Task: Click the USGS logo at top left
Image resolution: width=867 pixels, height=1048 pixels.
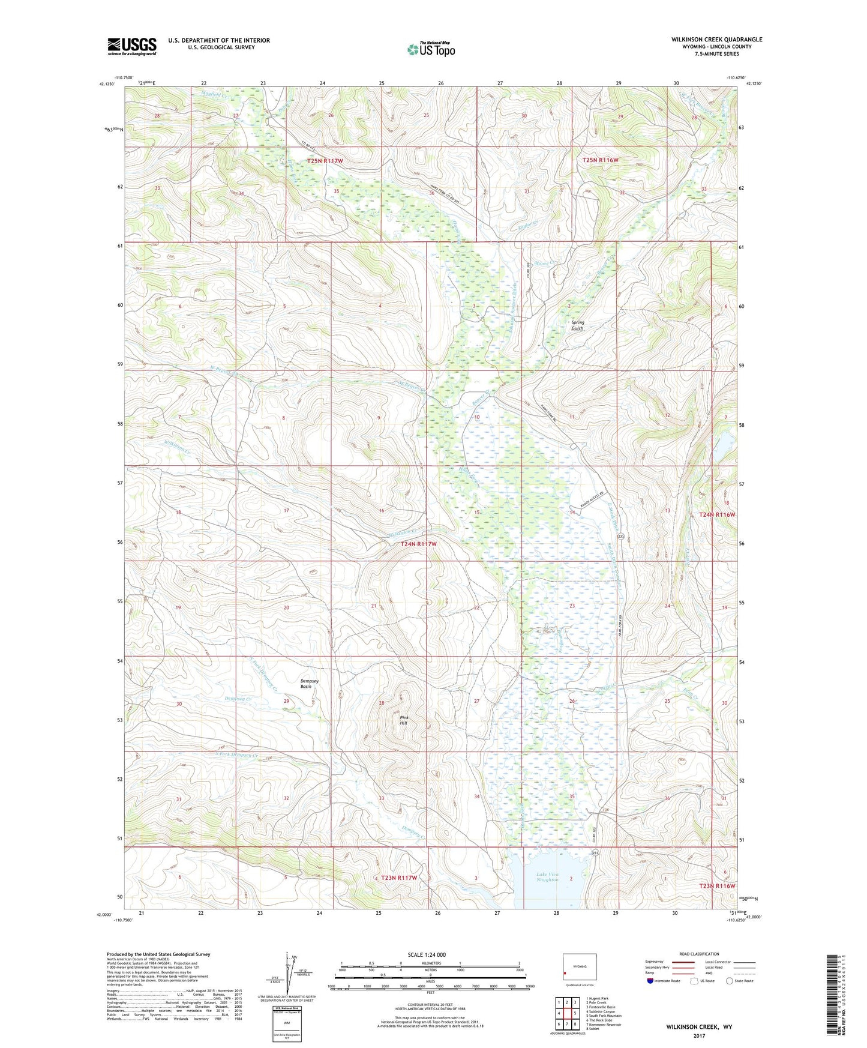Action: [x=132, y=46]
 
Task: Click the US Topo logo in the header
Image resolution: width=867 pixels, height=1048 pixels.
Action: [x=431, y=49]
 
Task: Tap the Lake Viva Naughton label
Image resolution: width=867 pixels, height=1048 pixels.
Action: [x=547, y=877]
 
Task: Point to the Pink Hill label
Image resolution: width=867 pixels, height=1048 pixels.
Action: [x=403, y=720]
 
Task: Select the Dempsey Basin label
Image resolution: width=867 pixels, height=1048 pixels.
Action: [x=309, y=684]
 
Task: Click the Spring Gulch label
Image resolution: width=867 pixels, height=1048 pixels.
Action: [x=577, y=325]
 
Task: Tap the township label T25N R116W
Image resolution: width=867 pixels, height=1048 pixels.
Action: [x=600, y=160]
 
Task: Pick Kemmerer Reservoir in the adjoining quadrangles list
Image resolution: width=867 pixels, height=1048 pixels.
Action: [x=604, y=1025]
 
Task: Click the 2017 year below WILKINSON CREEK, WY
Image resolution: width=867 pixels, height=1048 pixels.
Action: [x=698, y=1035]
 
